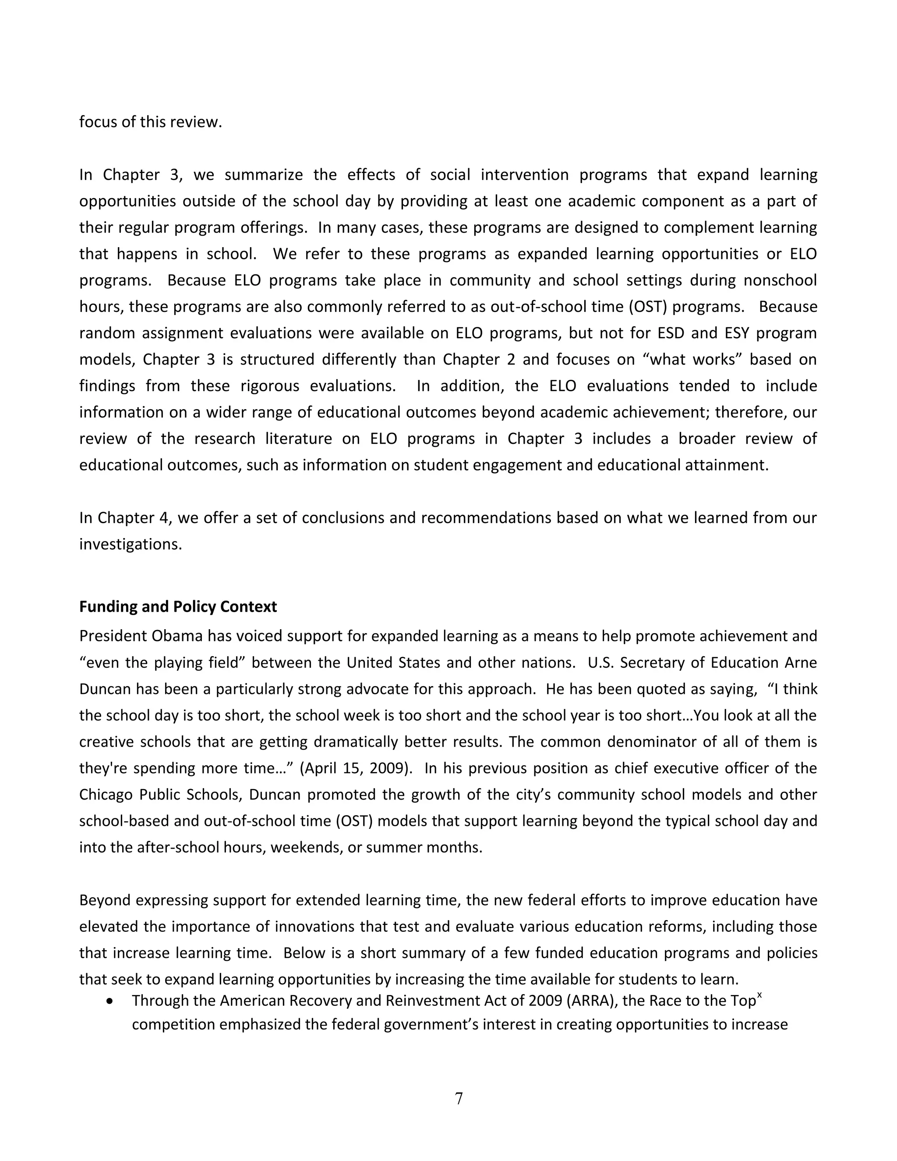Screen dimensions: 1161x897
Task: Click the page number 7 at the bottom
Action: point(459,1098)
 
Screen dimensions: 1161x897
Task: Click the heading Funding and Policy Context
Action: point(177,606)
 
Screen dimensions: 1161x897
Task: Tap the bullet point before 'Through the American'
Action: point(109,1001)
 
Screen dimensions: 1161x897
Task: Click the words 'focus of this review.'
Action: point(150,122)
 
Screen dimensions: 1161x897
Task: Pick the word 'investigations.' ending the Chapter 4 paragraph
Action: point(130,544)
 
